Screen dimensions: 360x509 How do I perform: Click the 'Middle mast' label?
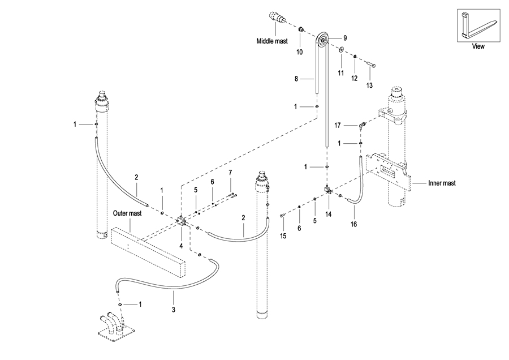coord(273,41)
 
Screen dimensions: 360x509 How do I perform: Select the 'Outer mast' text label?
coord(127,213)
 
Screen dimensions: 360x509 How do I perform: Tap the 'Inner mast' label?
coord(442,183)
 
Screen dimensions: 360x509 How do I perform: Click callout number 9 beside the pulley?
coord(344,37)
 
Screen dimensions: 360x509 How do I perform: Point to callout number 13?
coord(370,85)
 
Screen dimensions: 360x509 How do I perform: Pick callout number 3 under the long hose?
coord(174,310)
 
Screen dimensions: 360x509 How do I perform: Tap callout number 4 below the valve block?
coord(181,246)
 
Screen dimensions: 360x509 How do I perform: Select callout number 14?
coord(329,214)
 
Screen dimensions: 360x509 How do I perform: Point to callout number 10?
coord(300,52)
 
